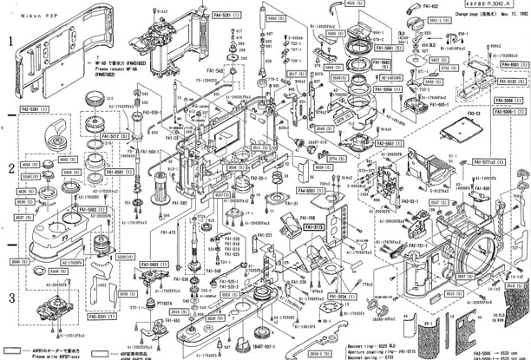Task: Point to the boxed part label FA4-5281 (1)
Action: click(201, 15)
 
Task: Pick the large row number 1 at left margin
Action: click(10, 42)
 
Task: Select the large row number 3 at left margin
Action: click(10, 299)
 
